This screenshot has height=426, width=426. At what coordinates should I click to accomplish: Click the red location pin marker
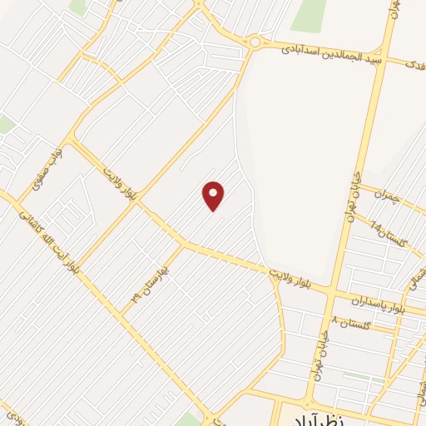(x=214, y=196)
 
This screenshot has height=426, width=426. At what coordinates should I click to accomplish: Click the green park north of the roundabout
(x=309, y=15)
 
